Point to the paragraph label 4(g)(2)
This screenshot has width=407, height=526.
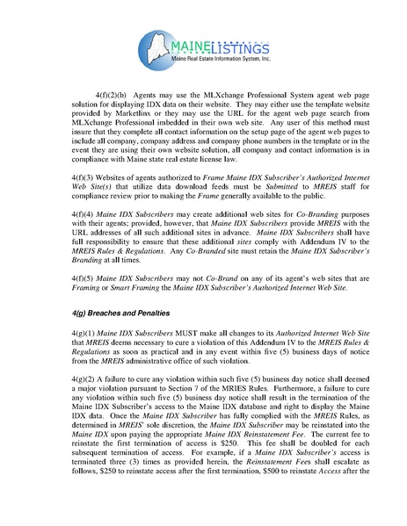(85, 384)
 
